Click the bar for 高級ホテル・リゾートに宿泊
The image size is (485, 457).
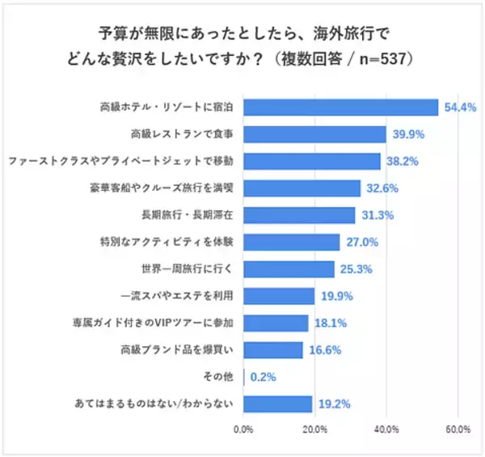(x=340, y=108)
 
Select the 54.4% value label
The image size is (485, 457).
(x=457, y=108)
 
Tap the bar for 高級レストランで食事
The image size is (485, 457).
(x=314, y=134)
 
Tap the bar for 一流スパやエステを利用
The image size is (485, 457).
(x=279, y=296)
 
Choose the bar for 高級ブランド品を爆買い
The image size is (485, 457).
(x=273, y=350)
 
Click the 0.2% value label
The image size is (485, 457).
(x=265, y=377)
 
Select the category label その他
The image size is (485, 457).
(x=221, y=377)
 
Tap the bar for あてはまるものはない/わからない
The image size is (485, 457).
(x=277, y=404)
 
